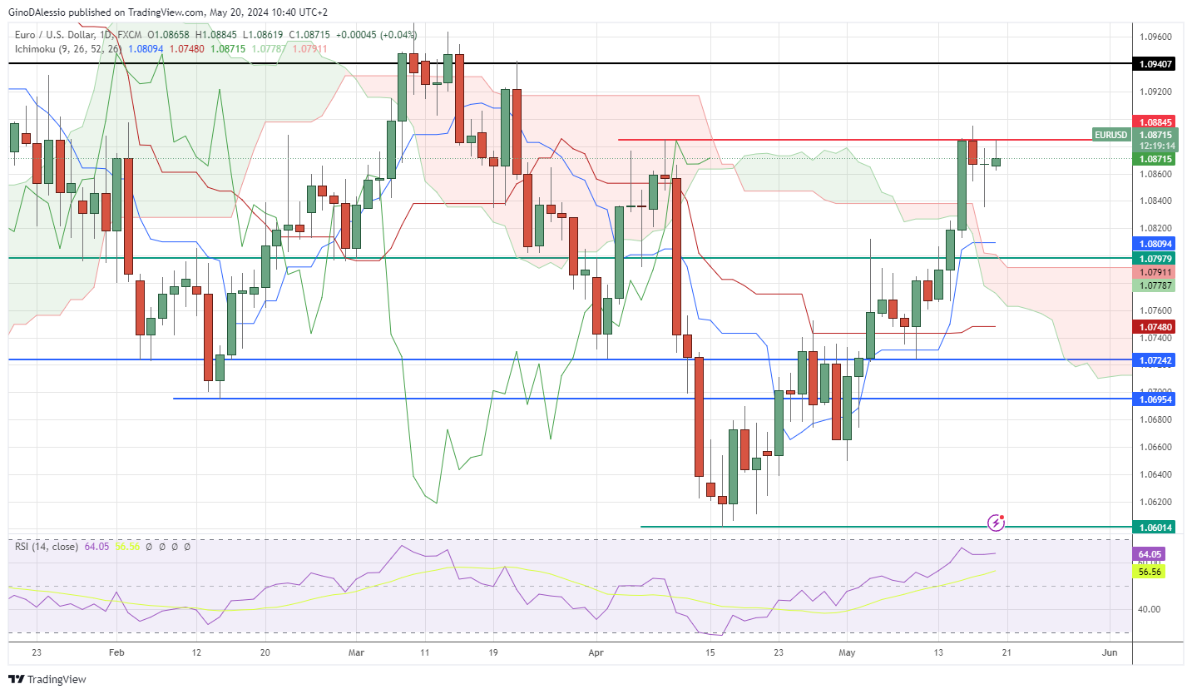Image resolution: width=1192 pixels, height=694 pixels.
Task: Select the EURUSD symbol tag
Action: click(x=1110, y=134)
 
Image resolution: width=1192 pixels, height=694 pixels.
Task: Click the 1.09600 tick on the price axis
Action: click(x=1155, y=37)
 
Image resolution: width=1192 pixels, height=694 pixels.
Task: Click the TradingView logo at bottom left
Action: click(x=48, y=680)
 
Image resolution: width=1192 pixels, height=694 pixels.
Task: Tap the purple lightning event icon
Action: click(x=997, y=523)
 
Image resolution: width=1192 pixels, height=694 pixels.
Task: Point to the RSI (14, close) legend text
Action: click(x=47, y=547)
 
